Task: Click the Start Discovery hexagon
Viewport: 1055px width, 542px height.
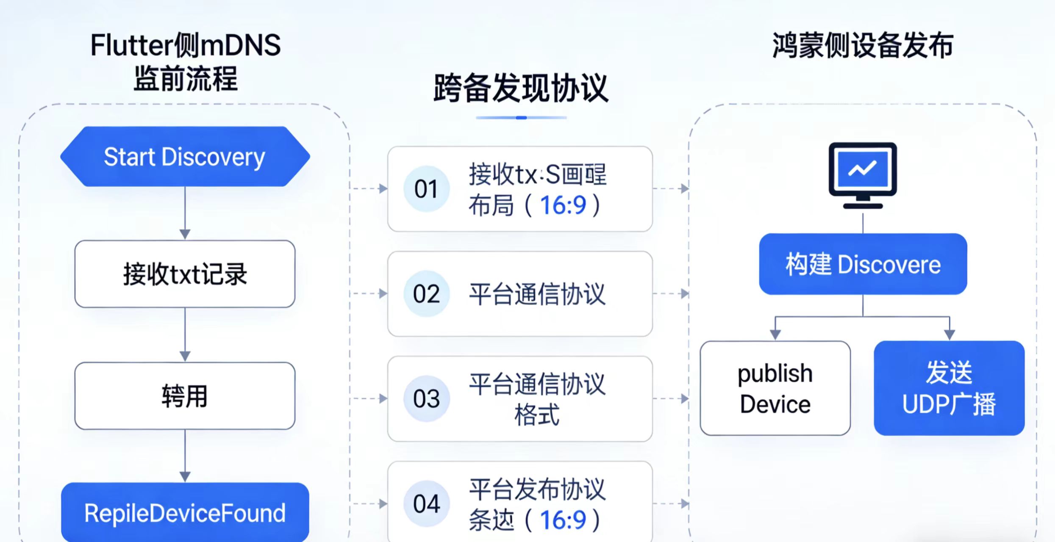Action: pyautogui.click(x=185, y=157)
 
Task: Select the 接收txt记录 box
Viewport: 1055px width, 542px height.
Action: pyautogui.click(x=185, y=274)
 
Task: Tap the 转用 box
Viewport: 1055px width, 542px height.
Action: pyautogui.click(x=185, y=396)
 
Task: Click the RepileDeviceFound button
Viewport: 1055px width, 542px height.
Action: pyautogui.click(x=185, y=512)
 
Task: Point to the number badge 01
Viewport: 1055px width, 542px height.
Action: pyautogui.click(x=426, y=189)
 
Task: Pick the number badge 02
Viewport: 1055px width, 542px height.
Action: pyautogui.click(x=426, y=294)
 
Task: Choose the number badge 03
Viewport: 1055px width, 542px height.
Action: pyautogui.click(x=426, y=399)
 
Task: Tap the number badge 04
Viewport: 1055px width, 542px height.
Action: pyautogui.click(x=426, y=504)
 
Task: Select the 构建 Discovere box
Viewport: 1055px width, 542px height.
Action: pyautogui.click(x=863, y=264)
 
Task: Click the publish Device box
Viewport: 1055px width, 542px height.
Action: pyautogui.click(x=775, y=388)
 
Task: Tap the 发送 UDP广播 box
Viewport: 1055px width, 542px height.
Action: pyautogui.click(x=949, y=388)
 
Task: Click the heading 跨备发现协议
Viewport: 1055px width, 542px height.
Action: pyautogui.click(x=521, y=88)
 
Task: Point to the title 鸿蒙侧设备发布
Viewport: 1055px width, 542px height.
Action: pyautogui.click(x=863, y=46)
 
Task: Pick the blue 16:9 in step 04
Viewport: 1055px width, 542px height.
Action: pyautogui.click(x=563, y=520)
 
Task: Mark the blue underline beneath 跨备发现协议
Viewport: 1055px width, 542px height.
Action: pyautogui.click(x=521, y=118)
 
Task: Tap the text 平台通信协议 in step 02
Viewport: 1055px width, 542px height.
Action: pyautogui.click(x=537, y=294)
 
